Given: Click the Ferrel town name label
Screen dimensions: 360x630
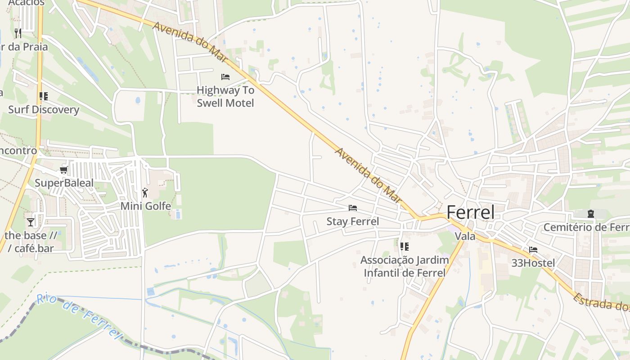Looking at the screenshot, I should tap(470, 212).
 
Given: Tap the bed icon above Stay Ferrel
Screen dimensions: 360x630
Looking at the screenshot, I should tap(353, 208).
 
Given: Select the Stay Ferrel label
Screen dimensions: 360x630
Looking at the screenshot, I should tap(353, 221).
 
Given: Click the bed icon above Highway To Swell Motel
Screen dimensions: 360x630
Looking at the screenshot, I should tap(225, 77).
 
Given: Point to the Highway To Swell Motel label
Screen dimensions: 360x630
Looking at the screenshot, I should tap(225, 97).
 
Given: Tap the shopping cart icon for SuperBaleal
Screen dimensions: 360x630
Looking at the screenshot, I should tap(63, 170).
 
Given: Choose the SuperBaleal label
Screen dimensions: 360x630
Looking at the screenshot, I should tap(64, 183).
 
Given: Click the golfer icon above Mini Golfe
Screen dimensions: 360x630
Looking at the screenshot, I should tap(145, 193).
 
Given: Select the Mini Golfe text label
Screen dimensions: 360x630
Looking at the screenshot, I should tap(145, 206).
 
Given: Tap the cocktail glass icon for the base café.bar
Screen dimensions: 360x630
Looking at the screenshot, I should tap(31, 222).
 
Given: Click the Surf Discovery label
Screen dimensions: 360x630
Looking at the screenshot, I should tap(44, 110).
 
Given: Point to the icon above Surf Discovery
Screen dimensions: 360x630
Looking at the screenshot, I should tap(44, 96).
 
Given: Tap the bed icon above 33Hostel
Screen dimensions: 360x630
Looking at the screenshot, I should tap(533, 250).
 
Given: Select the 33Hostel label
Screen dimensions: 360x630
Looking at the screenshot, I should tap(533, 263).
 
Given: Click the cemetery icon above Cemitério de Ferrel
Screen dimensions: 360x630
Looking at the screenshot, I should tap(591, 214).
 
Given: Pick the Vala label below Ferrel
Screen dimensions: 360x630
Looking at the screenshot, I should tap(465, 236).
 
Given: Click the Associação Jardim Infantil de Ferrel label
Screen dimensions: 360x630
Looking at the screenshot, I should tap(405, 266).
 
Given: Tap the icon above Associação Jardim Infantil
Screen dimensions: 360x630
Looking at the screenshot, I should tap(405, 247).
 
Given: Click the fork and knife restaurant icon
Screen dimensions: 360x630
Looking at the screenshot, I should tap(18, 33).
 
